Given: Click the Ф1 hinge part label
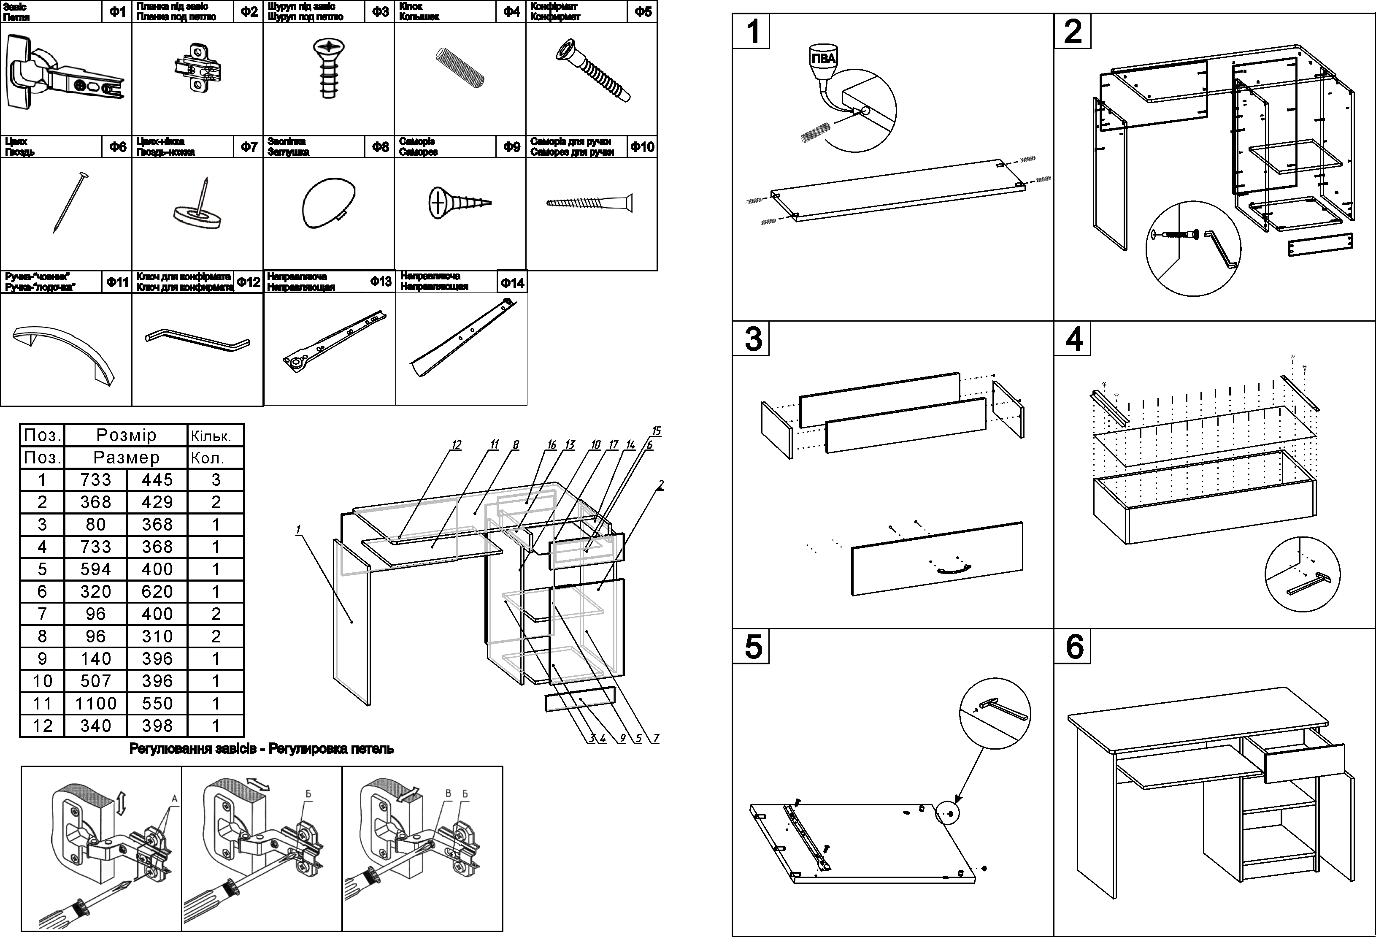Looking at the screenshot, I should point(117,12).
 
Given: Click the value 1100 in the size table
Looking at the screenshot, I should point(95,703).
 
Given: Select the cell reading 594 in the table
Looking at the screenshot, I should point(95,569).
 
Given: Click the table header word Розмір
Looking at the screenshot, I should point(126,435).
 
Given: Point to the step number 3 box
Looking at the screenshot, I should point(752,339).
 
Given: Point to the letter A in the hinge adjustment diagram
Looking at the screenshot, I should point(175,799).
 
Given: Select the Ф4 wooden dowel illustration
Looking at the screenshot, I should point(460,68).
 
